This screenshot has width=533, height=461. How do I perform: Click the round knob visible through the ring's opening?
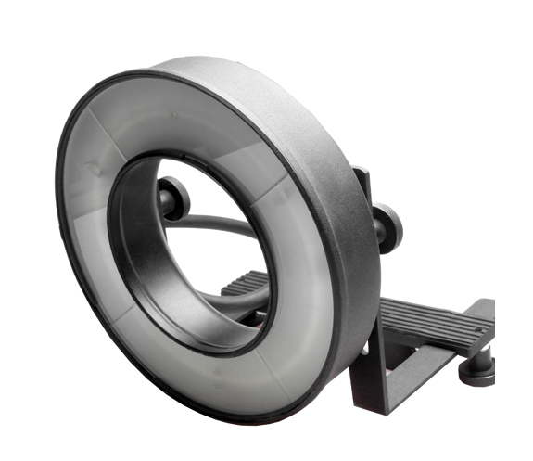pos(173,196)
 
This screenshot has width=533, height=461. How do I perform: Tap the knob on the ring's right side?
pos(387,228)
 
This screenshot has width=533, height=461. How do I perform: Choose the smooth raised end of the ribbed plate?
pos(482,312)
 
